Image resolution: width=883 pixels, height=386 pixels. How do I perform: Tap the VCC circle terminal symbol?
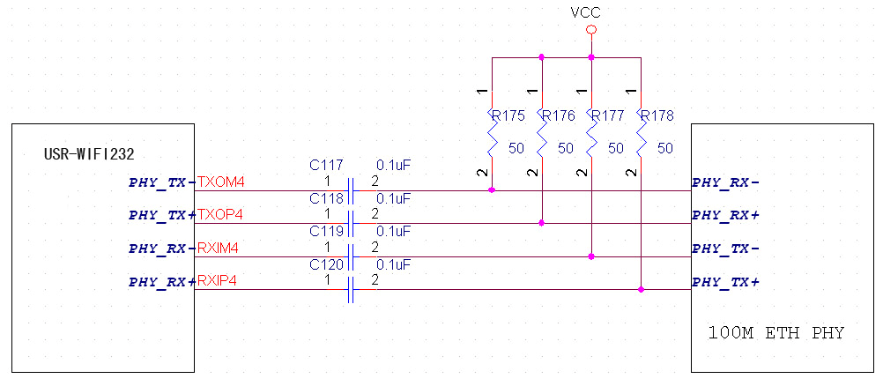pyautogui.click(x=591, y=30)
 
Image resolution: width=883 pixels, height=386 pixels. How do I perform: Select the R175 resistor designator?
pyautogui.click(x=508, y=115)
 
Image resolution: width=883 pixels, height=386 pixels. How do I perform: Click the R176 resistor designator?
pyautogui.click(x=558, y=115)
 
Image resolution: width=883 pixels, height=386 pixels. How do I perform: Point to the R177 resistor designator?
pyautogui.click(x=607, y=115)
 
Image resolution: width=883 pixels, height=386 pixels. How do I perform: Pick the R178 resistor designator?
pyautogui.click(x=657, y=115)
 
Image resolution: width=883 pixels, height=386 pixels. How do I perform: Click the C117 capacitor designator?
pyautogui.click(x=327, y=165)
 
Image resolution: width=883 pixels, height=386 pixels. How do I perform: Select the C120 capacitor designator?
pyautogui.click(x=327, y=264)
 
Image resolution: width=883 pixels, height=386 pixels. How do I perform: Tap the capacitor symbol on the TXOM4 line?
pyautogui.click(x=352, y=190)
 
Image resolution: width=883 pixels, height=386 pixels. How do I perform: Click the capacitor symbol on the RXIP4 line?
pyautogui.click(x=352, y=289)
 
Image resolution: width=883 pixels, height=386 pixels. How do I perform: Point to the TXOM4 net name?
pyautogui.click(x=221, y=182)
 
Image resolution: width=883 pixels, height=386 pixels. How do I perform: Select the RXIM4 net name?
pyautogui.click(x=219, y=249)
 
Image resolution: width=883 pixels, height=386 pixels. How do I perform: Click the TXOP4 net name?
pyautogui.click(x=221, y=215)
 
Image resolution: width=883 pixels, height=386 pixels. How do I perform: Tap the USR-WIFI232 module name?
pyautogui.click(x=89, y=154)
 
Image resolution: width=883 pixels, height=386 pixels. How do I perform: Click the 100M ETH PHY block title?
pyautogui.click(x=776, y=333)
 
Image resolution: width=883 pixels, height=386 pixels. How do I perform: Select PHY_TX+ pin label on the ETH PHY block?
pyautogui.click(x=726, y=282)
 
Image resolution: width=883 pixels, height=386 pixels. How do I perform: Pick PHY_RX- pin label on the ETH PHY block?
pyautogui.click(x=726, y=182)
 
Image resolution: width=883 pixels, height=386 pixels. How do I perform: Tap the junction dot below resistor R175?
pyautogui.click(x=492, y=189)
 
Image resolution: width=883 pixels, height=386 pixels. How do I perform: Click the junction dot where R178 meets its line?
pyautogui.click(x=642, y=289)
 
